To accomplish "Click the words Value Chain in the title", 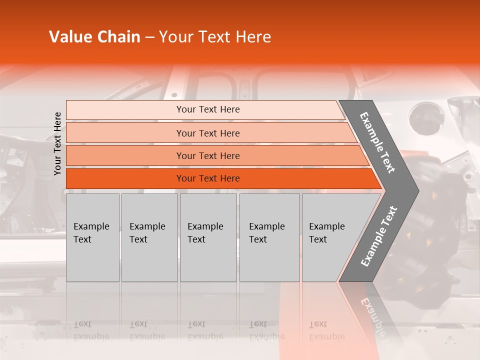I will (94, 37).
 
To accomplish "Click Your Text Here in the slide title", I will (215, 37).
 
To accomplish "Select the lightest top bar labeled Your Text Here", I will (208, 109).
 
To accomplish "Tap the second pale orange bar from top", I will (208, 133).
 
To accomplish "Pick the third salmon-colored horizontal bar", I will (208, 155).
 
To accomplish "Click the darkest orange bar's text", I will (208, 178).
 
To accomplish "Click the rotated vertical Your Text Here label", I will (57, 143).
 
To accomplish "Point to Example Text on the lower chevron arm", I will (378, 236).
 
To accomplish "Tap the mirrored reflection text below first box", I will (91, 330).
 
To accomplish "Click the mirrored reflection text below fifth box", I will (327, 330).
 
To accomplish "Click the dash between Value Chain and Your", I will (149, 37).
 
